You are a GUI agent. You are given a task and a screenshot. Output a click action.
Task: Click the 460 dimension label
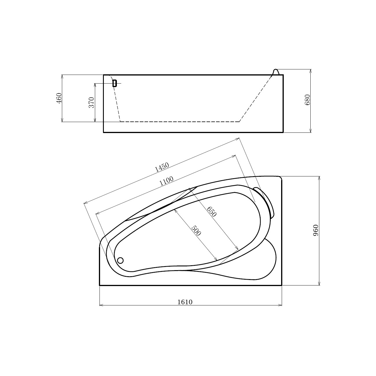point(59,98)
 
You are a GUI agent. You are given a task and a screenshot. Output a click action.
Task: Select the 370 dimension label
point(91,102)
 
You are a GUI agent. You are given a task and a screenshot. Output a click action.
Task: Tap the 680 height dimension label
point(307,100)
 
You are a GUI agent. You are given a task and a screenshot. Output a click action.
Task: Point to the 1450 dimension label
point(162,167)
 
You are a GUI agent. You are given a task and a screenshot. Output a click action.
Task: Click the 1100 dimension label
point(166,181)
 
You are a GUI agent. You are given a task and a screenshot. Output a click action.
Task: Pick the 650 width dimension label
point(212,211)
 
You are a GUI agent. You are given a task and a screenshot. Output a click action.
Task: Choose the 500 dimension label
point(196,231)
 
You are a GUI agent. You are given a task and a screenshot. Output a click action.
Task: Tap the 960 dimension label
point(316,231)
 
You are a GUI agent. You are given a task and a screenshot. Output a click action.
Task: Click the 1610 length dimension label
point(185,302)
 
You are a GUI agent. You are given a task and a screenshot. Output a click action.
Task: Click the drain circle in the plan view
point(120,260)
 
